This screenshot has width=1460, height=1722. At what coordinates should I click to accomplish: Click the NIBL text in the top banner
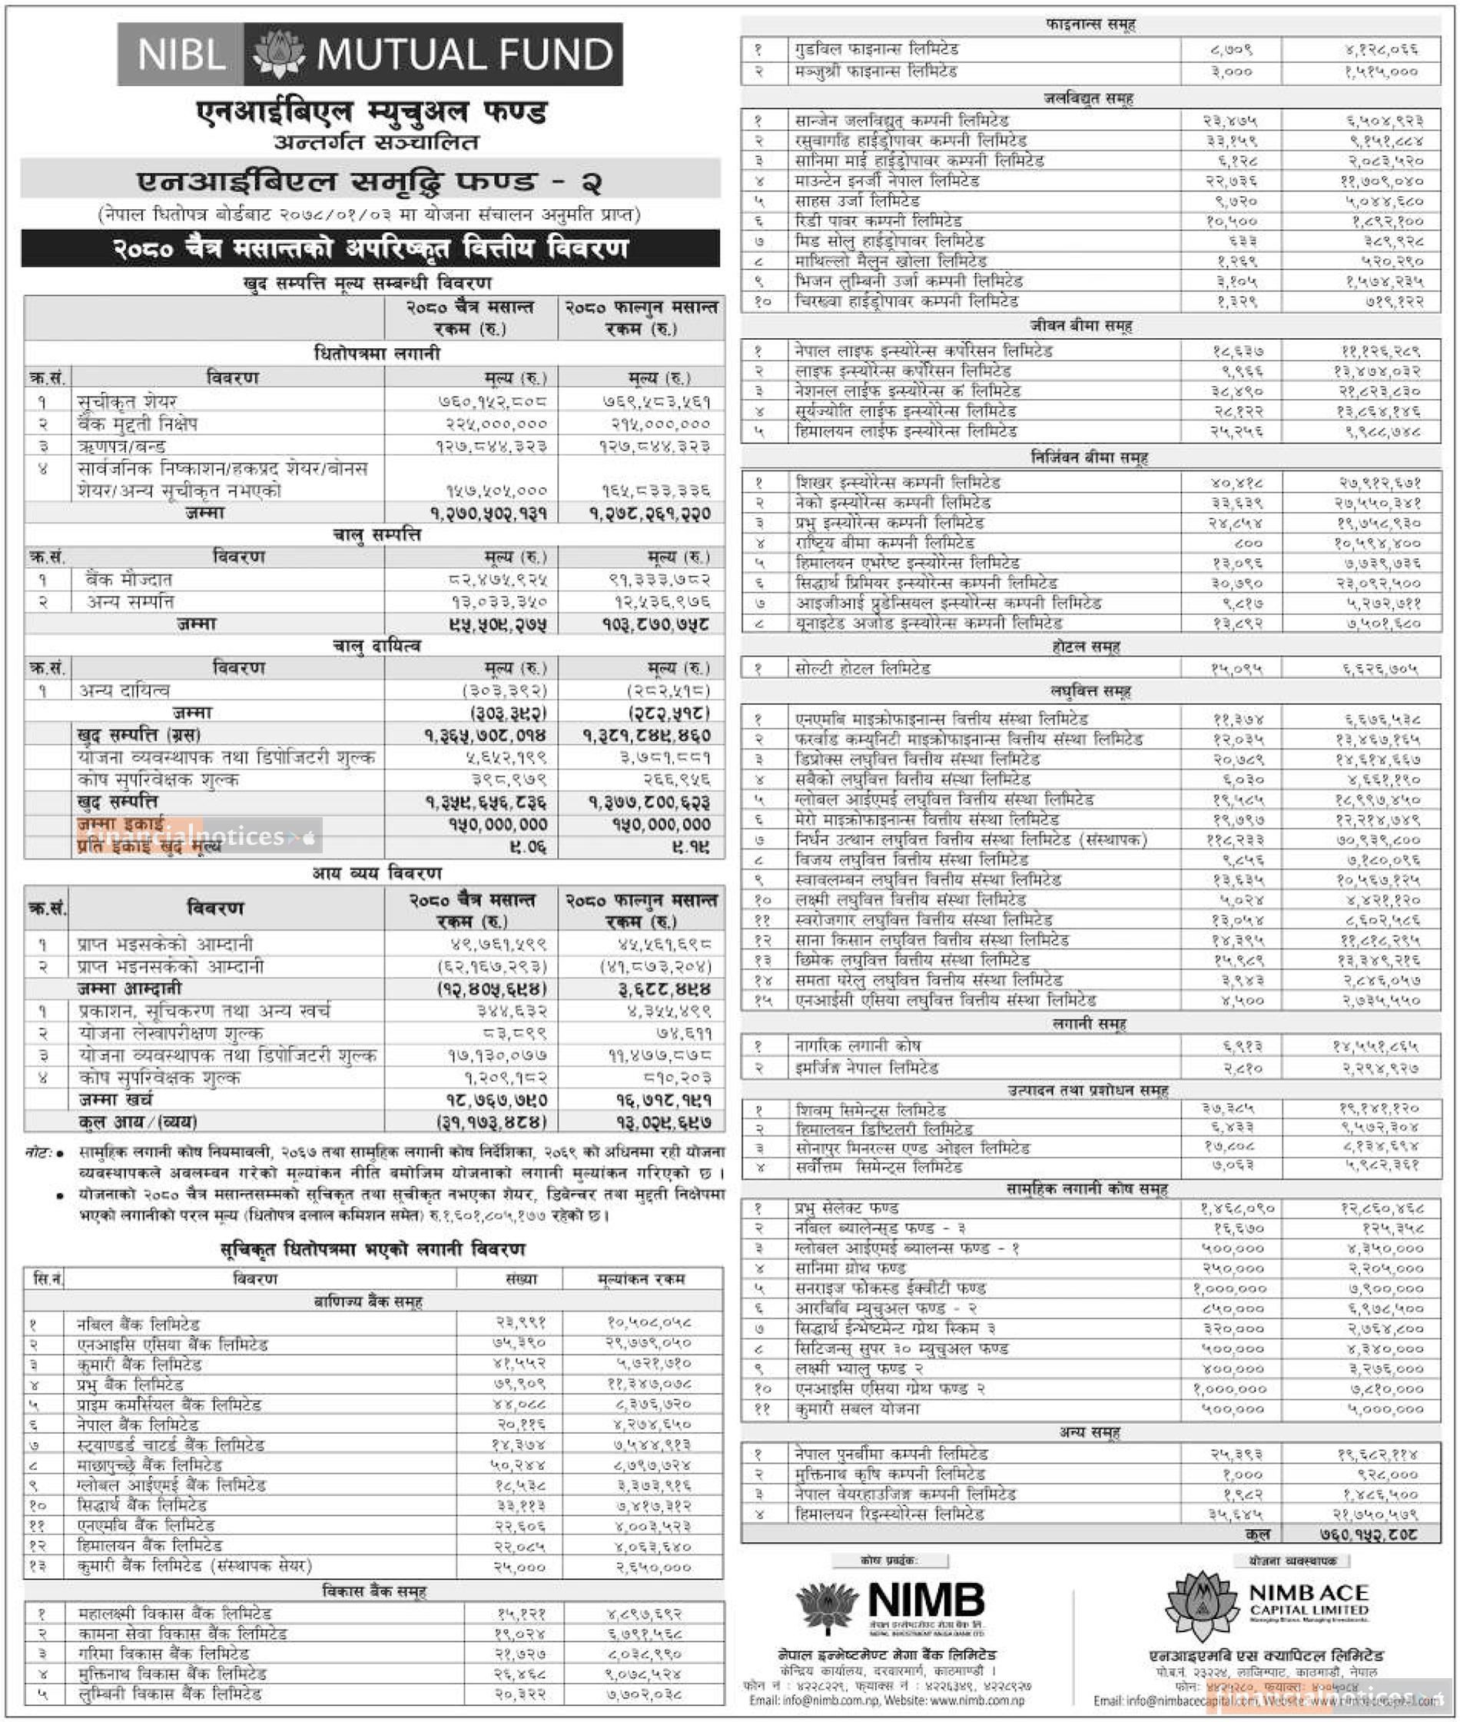181,55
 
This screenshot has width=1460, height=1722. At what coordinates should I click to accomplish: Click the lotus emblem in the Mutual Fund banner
279,55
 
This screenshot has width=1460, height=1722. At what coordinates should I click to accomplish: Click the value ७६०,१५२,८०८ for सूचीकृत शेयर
493,402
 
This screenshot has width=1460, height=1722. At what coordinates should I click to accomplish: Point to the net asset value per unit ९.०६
526,847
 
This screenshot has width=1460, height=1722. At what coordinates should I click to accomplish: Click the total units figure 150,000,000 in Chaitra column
497,825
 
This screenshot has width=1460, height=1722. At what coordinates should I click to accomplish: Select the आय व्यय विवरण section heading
377,873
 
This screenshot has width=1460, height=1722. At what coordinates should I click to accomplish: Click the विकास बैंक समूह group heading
373,1591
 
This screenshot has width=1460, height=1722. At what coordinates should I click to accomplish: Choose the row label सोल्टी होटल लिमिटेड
863,669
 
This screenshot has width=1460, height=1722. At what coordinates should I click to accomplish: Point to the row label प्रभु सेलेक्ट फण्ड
847,1208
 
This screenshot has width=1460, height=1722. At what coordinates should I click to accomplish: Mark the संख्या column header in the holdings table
520,1279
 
